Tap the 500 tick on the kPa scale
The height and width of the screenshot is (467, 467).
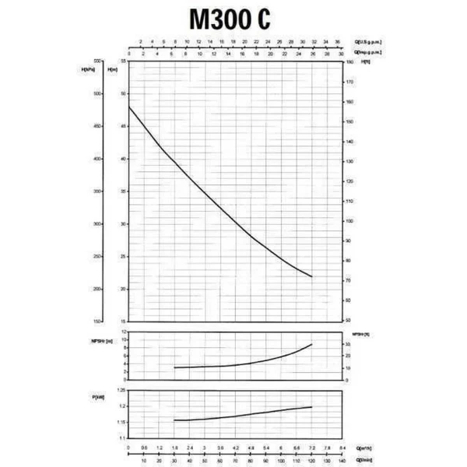[97, 93]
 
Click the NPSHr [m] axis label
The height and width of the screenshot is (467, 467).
[103, 340]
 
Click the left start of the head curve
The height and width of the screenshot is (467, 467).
[128, 106]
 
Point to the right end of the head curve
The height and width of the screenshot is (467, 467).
[312, 277]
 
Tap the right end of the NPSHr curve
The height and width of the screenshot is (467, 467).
[312, 344]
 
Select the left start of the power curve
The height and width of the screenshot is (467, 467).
[174, 420]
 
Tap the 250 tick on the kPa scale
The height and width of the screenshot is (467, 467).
[97, 257]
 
